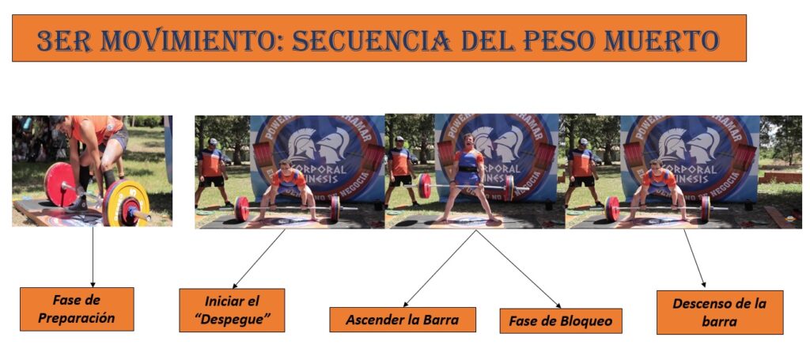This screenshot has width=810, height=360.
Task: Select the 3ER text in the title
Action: (64, 40)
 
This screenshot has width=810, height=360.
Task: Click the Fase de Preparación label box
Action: (77, 309)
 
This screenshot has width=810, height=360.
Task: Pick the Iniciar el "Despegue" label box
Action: (232, 310)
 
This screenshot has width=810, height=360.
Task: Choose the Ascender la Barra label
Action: (403, 320)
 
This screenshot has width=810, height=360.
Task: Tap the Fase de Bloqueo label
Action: (561, 321)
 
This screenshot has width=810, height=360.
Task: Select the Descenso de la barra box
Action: (719, 312)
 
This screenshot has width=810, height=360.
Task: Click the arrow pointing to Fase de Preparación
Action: (93, 257)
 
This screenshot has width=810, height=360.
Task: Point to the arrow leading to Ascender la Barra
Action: (440, 269)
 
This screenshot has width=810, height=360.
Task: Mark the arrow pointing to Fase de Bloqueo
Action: (518, 269)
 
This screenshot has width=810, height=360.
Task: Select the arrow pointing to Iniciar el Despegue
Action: (259, 259)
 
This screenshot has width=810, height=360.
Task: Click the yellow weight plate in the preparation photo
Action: (125, 203)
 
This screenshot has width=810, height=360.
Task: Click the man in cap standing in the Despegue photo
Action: (211, 170)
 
